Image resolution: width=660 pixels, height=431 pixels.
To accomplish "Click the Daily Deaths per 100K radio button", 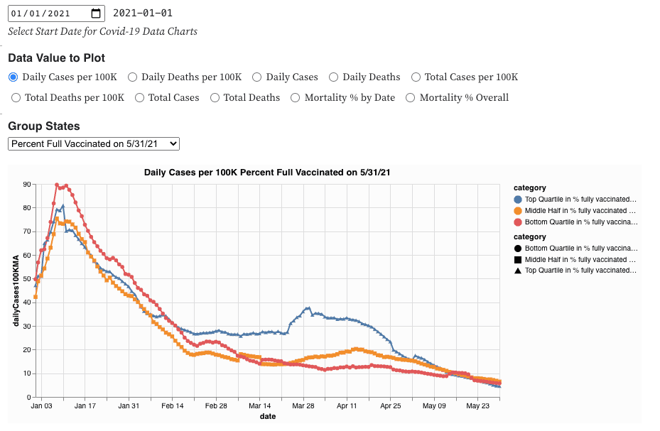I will [132, 77].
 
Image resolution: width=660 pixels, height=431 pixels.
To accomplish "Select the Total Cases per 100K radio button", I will [417, 77].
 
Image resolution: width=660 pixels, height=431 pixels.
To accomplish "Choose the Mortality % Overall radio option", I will [410, 97].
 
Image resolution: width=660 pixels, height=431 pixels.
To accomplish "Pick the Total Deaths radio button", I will [215, 97].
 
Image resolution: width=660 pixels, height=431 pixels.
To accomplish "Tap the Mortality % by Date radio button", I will [296, 97].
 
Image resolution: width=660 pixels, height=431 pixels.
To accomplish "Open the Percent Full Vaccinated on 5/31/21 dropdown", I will [94, 143].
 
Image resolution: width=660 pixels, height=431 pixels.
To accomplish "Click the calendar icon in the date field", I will [97, 13].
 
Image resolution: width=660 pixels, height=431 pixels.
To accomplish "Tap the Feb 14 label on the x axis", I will [173, 406].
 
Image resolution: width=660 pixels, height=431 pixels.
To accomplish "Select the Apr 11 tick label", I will [347, 406].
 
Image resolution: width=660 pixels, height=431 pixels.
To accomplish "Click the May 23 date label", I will [478, 406].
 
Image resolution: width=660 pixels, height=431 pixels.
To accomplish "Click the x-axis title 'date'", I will [267, 416].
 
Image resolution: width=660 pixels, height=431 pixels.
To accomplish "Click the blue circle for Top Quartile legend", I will [518, 200].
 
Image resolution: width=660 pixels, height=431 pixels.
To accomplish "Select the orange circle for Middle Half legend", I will [518, 211].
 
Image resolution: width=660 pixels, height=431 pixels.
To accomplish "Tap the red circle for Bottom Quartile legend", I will [518, 222].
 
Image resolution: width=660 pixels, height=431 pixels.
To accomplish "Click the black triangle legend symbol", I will [518, 271].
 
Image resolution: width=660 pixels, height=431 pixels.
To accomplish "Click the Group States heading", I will [44, 126].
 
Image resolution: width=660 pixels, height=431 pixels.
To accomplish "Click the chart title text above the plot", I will [267, 173].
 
